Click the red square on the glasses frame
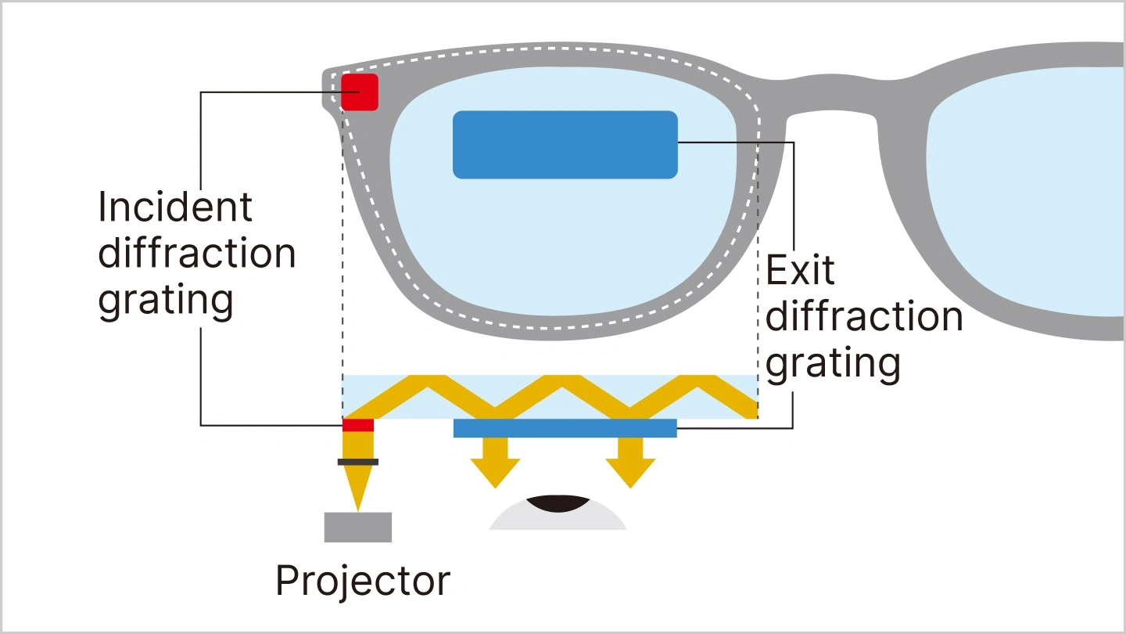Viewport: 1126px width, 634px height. [360, 92]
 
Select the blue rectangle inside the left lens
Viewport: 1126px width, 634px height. [565, 145]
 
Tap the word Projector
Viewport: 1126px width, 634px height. [363, 581]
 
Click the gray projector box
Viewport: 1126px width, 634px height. [358, 527]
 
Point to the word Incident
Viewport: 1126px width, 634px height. [175, 207]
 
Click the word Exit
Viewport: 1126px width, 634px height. [800, 271]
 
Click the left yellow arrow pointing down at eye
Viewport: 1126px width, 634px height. [495, 463]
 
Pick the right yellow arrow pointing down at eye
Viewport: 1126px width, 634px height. [630, 463]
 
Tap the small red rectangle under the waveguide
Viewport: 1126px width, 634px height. [358, 425]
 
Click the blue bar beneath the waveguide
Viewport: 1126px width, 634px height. [565, 428]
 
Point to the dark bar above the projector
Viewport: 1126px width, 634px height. [358, 462]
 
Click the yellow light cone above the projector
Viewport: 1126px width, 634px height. [358, 485]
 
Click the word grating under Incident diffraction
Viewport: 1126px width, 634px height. [166, 301]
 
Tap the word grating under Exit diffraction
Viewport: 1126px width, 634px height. [833, 364]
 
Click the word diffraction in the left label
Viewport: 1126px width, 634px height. [197, 254]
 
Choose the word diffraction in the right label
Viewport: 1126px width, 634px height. [864, 317]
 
